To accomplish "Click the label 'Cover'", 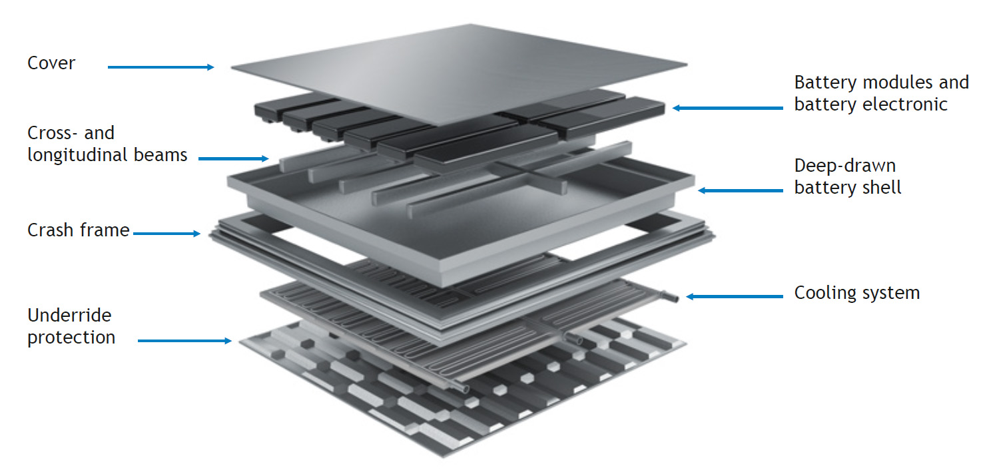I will click(x=51, y=63).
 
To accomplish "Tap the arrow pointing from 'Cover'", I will click(x=161, y=67).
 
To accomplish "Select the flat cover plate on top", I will click(x=460, y=73).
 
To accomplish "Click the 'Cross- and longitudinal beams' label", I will click(x=107, y=144).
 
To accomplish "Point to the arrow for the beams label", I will click(x=233, y=158).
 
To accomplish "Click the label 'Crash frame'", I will click(x=78, y=230).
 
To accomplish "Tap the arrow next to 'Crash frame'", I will click(x=166, y=233).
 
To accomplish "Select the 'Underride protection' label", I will click(x=71, y=326).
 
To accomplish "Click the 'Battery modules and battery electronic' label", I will click(x=880, y=93).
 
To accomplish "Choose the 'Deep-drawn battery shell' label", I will click(x=847, y=176).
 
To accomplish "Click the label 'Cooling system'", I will click(x=856, y=292).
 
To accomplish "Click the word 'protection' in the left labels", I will click(x=71, y=337).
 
